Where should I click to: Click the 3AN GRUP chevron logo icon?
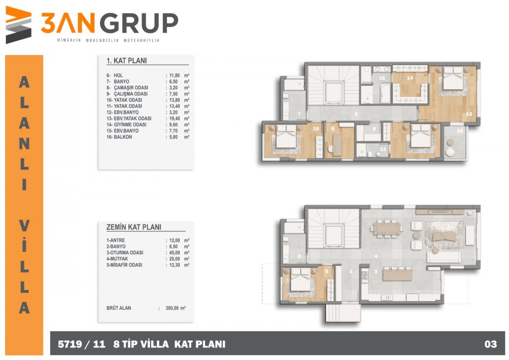click(19, 25)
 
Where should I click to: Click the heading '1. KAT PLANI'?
click(127, 60)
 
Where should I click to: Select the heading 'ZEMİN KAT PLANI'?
click(134, 227)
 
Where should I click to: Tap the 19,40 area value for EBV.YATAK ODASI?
click(174, 118)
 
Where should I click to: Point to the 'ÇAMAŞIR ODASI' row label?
click(131, 87)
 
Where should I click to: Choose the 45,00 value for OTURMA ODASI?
click(174, 252)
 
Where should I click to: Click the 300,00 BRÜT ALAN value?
click(172, 308)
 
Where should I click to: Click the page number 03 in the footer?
click(490, 344)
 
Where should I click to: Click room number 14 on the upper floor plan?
click(410, 78)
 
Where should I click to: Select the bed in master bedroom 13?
click(453, 78)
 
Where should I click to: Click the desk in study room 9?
click(337, 145)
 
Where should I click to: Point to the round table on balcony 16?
click(451, 143)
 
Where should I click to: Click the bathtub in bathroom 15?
click(385, 93)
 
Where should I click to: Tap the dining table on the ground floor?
click(387, 229)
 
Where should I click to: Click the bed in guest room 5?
click(301, 279)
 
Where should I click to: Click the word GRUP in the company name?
click(139, 23)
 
